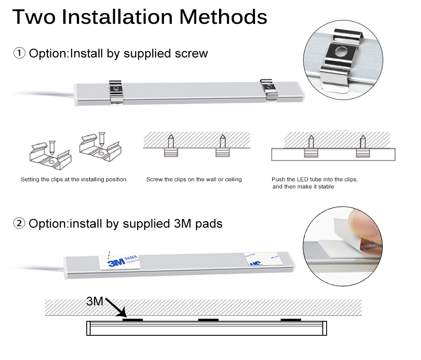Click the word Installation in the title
117,17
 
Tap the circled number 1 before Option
20,54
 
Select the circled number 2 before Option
20,223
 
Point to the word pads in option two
209,223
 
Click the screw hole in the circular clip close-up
340,52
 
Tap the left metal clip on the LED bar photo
116,91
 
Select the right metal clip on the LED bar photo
268,90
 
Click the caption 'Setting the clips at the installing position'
74,180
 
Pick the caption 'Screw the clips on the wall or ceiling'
194,180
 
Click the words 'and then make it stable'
303,187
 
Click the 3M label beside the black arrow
95,302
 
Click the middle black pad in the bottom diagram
208,319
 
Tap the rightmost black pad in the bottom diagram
291,319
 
